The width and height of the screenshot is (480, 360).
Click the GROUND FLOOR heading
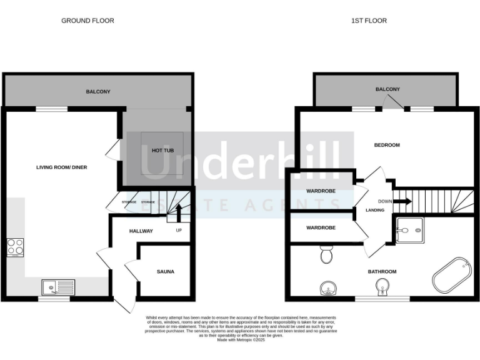(x=87, y=21)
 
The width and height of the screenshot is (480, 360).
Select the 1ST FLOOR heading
(x=369, y=21)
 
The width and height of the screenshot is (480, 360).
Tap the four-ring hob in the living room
(x=16, y=247)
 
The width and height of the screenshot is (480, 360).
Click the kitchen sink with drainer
(x=58, y=287)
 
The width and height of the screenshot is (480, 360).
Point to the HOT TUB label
(x=162, y=151)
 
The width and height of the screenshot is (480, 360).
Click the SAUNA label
(x=166, y=272)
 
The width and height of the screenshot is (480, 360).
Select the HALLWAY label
(x=141, y=231)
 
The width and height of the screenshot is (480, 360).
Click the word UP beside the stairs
(x=179, y=230)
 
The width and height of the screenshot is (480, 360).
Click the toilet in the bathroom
(x=325, y=255)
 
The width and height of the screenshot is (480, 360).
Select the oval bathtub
(x=451, y=277)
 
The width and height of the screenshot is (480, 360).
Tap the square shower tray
(x=411, y=230)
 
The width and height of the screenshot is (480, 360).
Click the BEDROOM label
(x=386, y=145)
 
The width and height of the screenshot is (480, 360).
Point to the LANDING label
(x=374, y=210)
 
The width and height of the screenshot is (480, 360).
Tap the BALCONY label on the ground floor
(x=98, y=92)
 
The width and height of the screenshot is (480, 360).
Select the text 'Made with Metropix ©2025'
(x=240, y=339)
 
